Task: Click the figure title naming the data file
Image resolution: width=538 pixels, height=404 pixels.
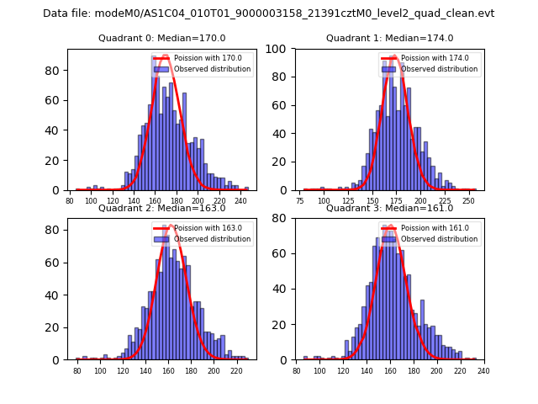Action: click(269, 13)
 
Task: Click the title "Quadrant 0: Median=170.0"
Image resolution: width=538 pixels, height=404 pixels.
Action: click(162, 38)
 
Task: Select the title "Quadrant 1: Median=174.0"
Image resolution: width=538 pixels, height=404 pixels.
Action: click(389, 38)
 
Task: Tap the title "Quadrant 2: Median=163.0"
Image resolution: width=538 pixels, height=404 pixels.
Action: click(162, 208)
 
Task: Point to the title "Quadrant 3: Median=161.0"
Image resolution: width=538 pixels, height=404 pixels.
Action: click(389, 208)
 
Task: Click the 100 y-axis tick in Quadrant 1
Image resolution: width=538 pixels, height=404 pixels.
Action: click(278, 49)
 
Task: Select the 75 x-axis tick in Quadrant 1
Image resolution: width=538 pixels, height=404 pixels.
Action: click(300, 202)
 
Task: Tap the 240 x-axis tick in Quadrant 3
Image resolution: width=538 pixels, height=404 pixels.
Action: click(483, 371)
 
